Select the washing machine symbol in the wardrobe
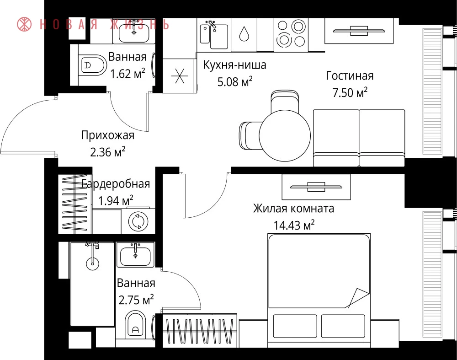138,220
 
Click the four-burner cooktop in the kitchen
291,33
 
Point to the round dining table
285,135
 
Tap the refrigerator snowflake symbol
179,76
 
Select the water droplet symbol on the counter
244,34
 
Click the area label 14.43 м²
294,225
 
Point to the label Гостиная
350,75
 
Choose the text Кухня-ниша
234,65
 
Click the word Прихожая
108,135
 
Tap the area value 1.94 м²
116,201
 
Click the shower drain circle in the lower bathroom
92,263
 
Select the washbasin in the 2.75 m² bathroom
135,255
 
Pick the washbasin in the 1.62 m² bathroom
134,32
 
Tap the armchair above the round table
285,101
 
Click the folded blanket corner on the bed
357,298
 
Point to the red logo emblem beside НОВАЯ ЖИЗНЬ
24,24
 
